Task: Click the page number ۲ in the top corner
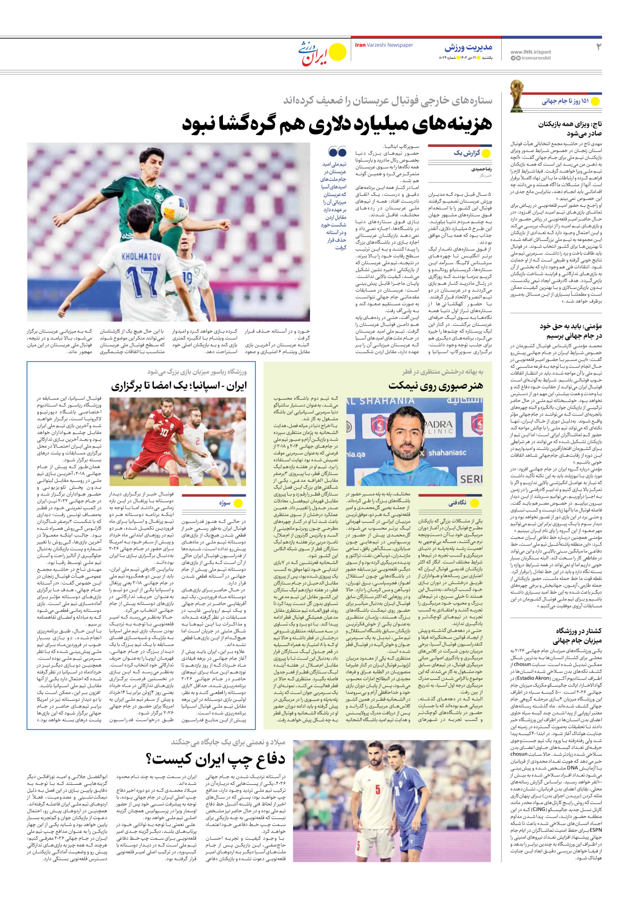click(x=598, y=47)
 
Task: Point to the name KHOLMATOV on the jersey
click(x=141, y=257)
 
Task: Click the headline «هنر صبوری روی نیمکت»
click(x=436, y=386)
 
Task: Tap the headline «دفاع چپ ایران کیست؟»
click(x=216, y=759)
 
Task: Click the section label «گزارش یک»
click(x=466, y=153)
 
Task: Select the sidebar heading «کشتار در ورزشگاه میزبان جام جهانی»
click(x=576, y=635)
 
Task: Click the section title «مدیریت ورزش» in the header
click(x=468, y=47)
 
